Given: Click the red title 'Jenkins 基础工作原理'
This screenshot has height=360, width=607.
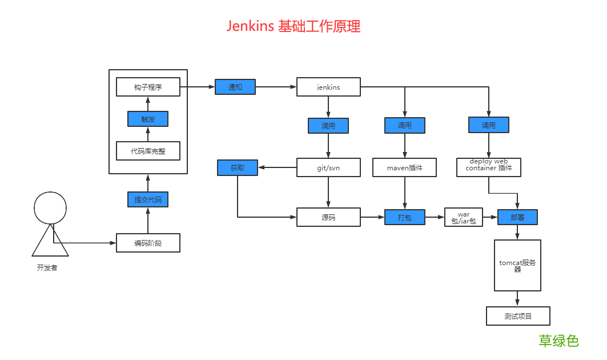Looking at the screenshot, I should [294, 26].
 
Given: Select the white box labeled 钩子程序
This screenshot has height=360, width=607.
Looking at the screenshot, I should [148, 87].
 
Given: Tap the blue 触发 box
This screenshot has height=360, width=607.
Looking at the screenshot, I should [148, 119].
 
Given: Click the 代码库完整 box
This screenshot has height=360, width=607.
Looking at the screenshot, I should [148, 151].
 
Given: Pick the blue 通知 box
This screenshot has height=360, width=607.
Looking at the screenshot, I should [235, 87].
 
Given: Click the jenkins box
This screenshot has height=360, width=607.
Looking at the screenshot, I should [328, 87].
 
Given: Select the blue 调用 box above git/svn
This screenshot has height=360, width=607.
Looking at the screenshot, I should [328, 126].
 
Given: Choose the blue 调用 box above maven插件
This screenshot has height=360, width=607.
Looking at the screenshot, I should [405, 125].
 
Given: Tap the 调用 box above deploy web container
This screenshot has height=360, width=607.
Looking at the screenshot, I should [488, 125].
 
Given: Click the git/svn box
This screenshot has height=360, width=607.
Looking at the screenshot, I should [328, 167].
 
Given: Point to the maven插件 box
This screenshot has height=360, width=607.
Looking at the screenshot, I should [405, 167].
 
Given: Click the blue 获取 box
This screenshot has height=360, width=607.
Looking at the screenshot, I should [238, 167].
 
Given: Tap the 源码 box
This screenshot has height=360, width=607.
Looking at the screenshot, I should [328, 217].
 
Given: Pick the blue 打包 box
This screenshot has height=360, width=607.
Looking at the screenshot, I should [405, 217].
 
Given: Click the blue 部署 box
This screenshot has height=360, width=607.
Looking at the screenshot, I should [517, 217].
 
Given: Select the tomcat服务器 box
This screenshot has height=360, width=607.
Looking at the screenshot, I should [517, 266].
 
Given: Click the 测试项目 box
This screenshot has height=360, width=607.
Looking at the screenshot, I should [518, 316].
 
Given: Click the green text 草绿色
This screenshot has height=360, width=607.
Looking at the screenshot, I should [558, 341].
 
